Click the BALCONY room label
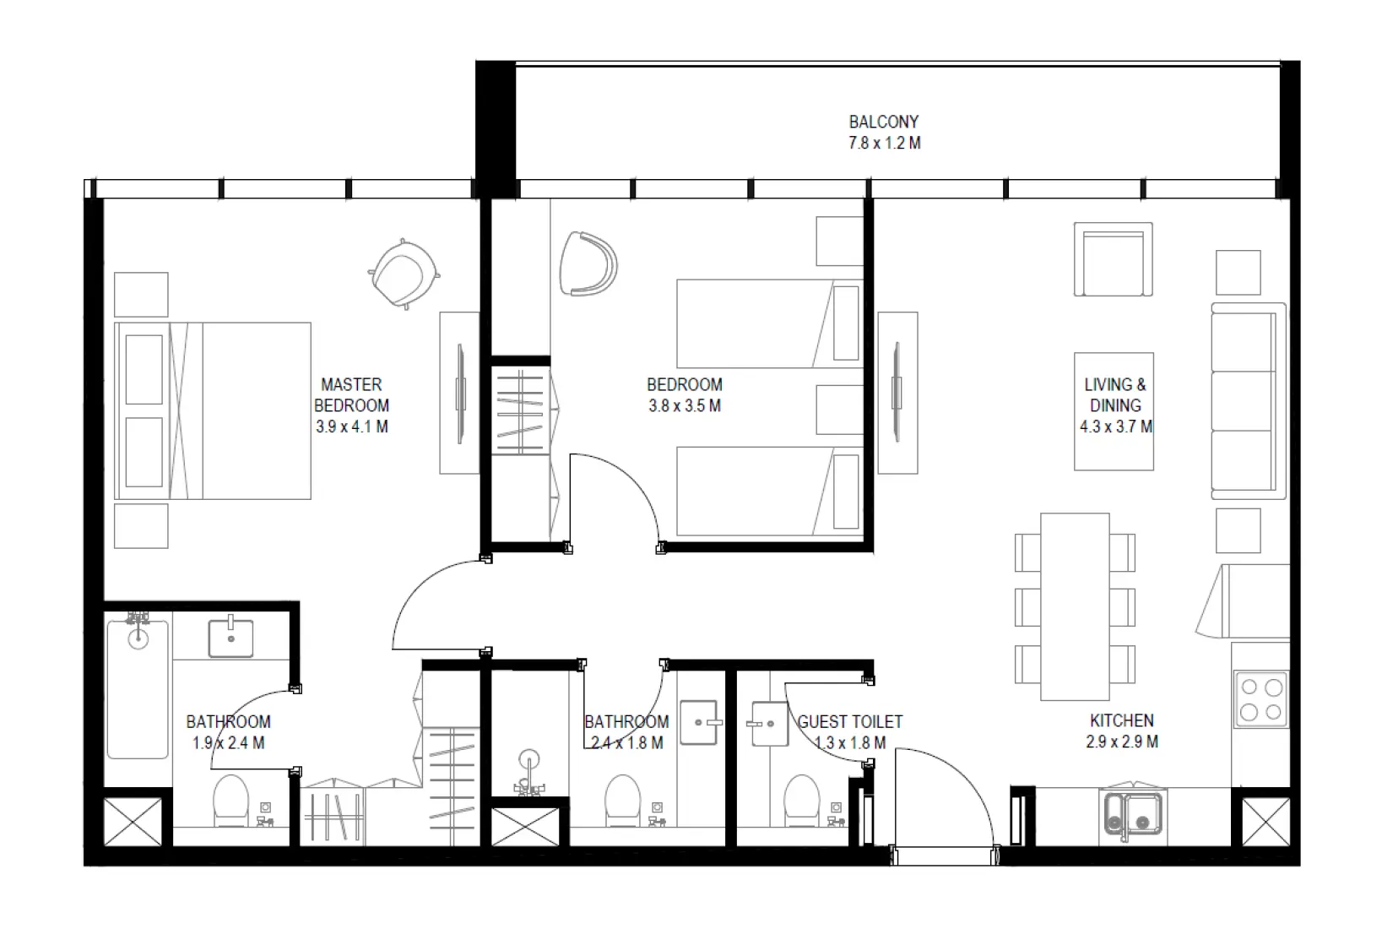[x=883, y=122]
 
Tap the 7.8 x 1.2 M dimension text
[x=884, y=144]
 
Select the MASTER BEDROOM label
[x=351, y=394]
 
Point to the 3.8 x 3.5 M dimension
[x=684, y=406]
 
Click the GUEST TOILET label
[x=849, y=722]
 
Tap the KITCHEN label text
[x=1121, y=720]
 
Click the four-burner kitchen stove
[x=1260, y=699]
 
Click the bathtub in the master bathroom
[x=138, y=689]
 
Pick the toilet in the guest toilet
[x=801, y=800]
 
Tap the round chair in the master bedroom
[x=404, y=273]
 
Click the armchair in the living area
[x=1113, y=259]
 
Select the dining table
[x=1074, y=606]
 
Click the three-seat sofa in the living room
[x=1247, y=401]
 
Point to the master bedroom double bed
[x=214, y=410]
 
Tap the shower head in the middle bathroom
[x=528, y=759]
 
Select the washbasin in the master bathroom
[x=230, y=638]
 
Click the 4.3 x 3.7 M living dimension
[x=1114, y=427]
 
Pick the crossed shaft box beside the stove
[x=1265, y=821]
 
